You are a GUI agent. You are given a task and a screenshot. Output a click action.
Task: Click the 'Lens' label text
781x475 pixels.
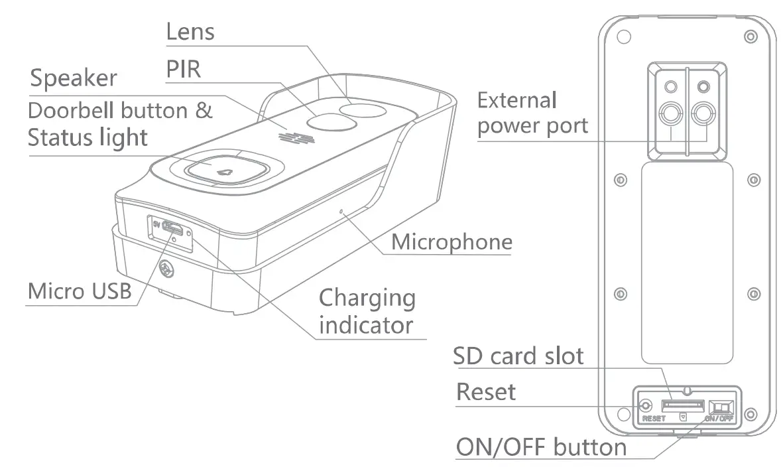click(x=190, y=31)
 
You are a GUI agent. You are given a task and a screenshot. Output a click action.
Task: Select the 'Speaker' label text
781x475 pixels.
click(x=74, y=78)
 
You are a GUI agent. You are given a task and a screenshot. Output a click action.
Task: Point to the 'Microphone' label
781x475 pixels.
click(x=451, y=242)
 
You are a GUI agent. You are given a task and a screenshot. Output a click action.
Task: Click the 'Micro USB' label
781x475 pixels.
click(x=80, y=291)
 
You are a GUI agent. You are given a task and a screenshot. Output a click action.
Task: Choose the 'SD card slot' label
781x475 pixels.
click(x=518, y=356)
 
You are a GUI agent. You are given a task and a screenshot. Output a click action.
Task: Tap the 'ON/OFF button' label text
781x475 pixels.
click(x=540, y=446)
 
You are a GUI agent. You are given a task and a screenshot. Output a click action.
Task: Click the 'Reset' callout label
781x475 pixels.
click(x=485, y=392)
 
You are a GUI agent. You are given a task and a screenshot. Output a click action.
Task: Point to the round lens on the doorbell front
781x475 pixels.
click(x=362, y=109)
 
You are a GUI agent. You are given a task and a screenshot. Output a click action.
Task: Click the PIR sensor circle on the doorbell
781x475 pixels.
click(x=327, y=122)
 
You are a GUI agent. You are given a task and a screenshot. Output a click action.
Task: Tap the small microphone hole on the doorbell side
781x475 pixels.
click(x=341, y=212)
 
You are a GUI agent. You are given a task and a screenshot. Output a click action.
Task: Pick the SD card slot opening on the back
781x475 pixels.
click(x=682, y=404)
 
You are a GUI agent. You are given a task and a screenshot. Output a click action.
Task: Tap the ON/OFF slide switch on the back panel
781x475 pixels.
click(x=721, y=406)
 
